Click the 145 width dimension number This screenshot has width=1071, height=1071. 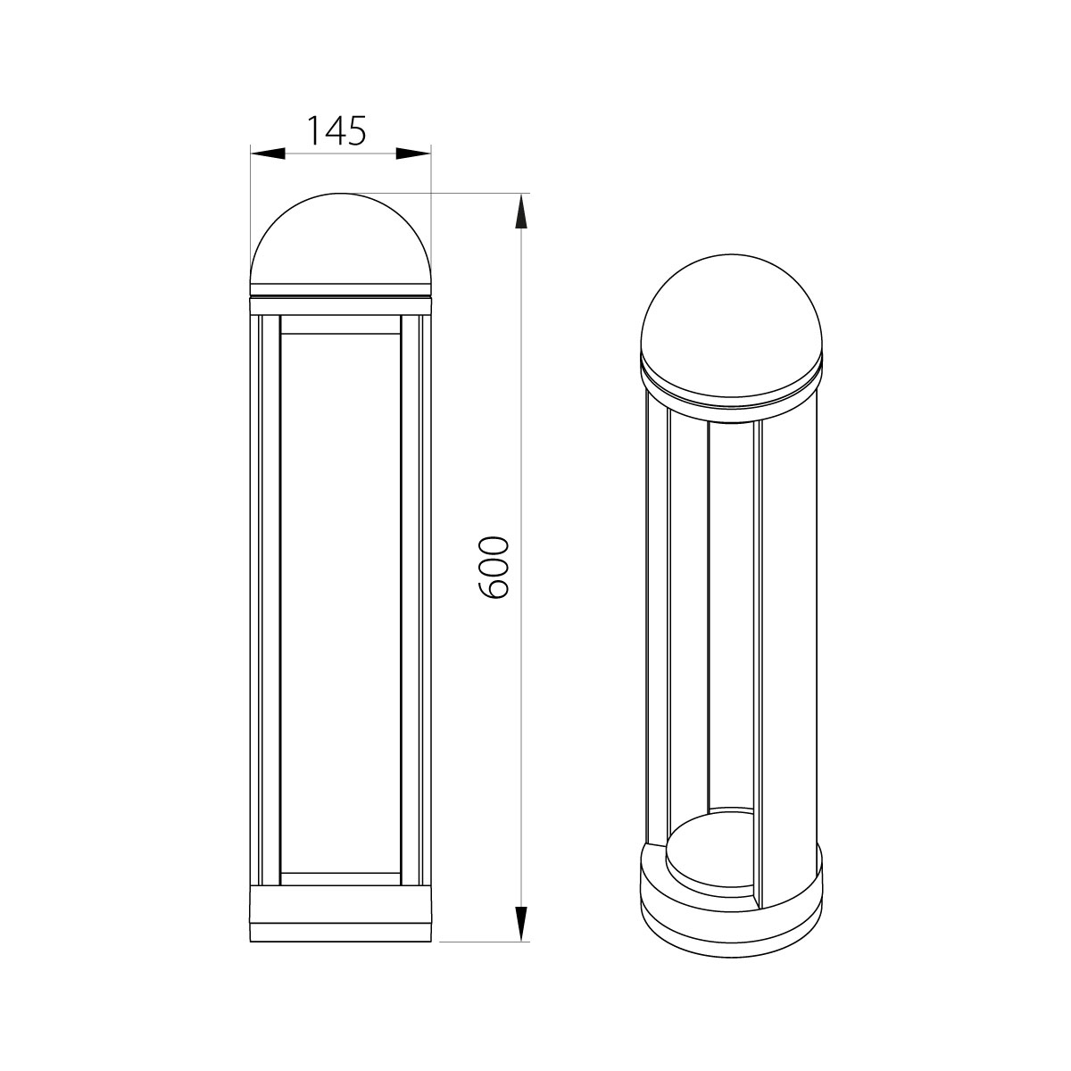pyautogui.click(x=336, y=131)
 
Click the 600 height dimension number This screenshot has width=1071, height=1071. pyautogui.click(x=493, y=567)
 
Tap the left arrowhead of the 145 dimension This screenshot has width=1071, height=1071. pyautogui.click(x=268, y=154)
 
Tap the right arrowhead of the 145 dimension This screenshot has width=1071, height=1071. pyautogui.click(x=413, y=154)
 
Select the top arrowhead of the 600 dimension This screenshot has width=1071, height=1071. pyautogui.click(x=520, y=212)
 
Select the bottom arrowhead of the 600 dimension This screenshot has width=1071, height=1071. pyautogui.click(x=520, y=925)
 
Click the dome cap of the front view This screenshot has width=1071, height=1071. pyautogui.click(x=341, y=244)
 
